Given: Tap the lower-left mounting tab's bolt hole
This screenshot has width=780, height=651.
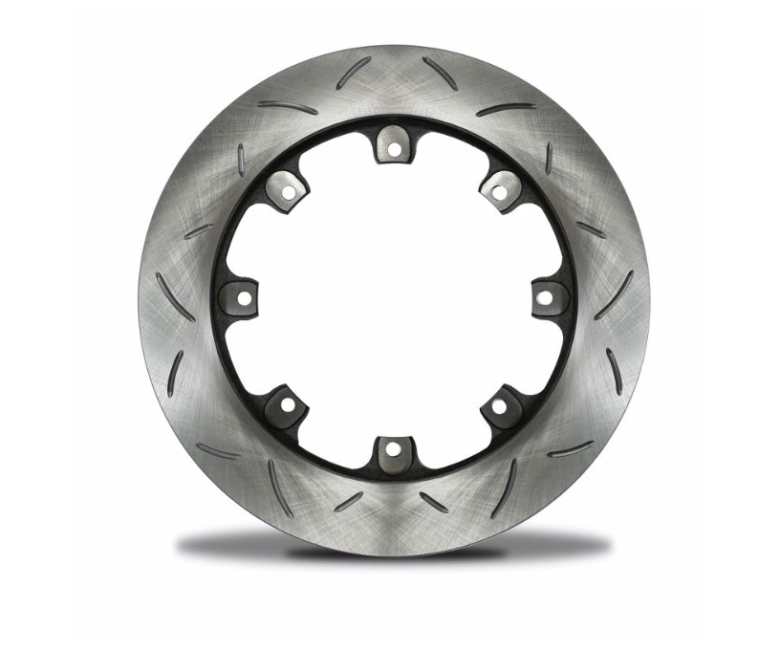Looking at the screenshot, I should point(286,404).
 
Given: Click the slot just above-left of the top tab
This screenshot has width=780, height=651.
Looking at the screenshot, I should point(353,73).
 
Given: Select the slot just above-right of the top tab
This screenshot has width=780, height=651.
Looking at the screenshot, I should point(440,74).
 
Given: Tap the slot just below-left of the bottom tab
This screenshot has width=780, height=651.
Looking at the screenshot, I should point(349,501).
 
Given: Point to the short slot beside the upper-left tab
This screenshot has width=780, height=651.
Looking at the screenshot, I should point(240,158).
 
